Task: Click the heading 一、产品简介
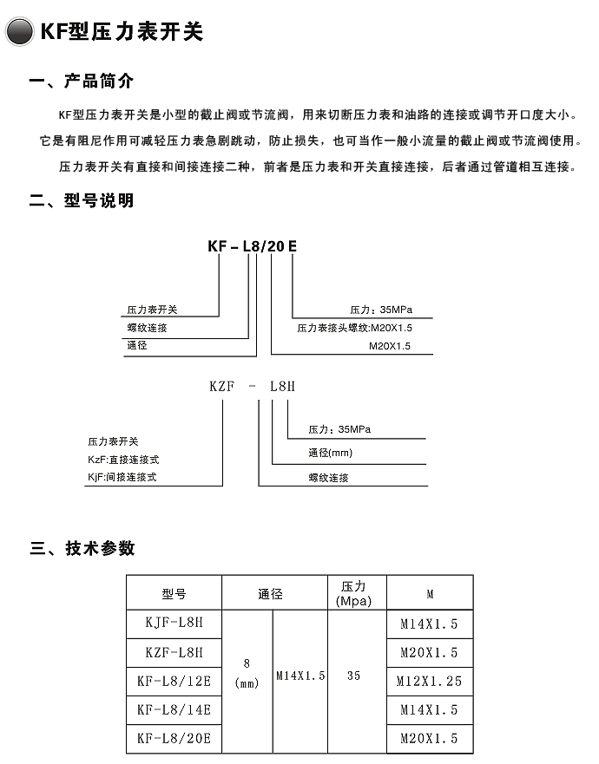coord(82,82)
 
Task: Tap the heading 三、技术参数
coord(82,548)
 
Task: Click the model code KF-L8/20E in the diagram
coord(252,246)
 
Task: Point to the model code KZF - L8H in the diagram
coord(253,387)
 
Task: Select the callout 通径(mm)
coord(330,453)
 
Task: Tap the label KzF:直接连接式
coord(123,459)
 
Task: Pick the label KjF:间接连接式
coord(122,477)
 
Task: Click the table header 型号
coord(174,594)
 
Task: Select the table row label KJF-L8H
coord(174,623)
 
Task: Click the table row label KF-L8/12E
coord(174,681)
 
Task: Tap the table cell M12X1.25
coord(430,681)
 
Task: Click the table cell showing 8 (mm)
coord(247,674)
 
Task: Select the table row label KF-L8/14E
coord(174,709)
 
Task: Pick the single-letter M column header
coord(430,594)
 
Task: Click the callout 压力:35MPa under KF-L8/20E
coord(380,310)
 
